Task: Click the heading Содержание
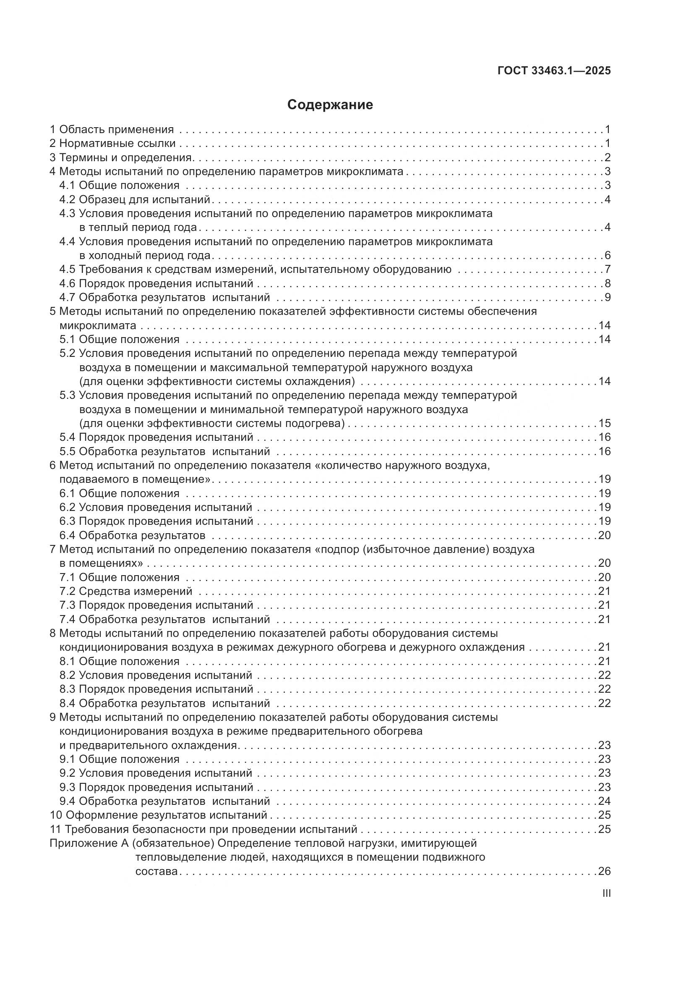[330, 105]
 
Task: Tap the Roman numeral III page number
[606, 893]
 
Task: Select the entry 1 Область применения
[112, 129]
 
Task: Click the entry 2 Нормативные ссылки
[112, 143]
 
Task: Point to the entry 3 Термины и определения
[121, 157]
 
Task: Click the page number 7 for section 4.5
[607, 270]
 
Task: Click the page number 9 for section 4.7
[607, 297]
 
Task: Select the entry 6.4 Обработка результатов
[133, 535]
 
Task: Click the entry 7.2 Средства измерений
[126, 591]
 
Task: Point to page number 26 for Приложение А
[604, 871]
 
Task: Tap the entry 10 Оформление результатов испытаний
[159, 815]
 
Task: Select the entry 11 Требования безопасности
[204, 829]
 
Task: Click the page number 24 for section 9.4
[604, 801]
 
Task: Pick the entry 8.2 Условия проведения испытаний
[156, 676]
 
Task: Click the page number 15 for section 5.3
[604, 424]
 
